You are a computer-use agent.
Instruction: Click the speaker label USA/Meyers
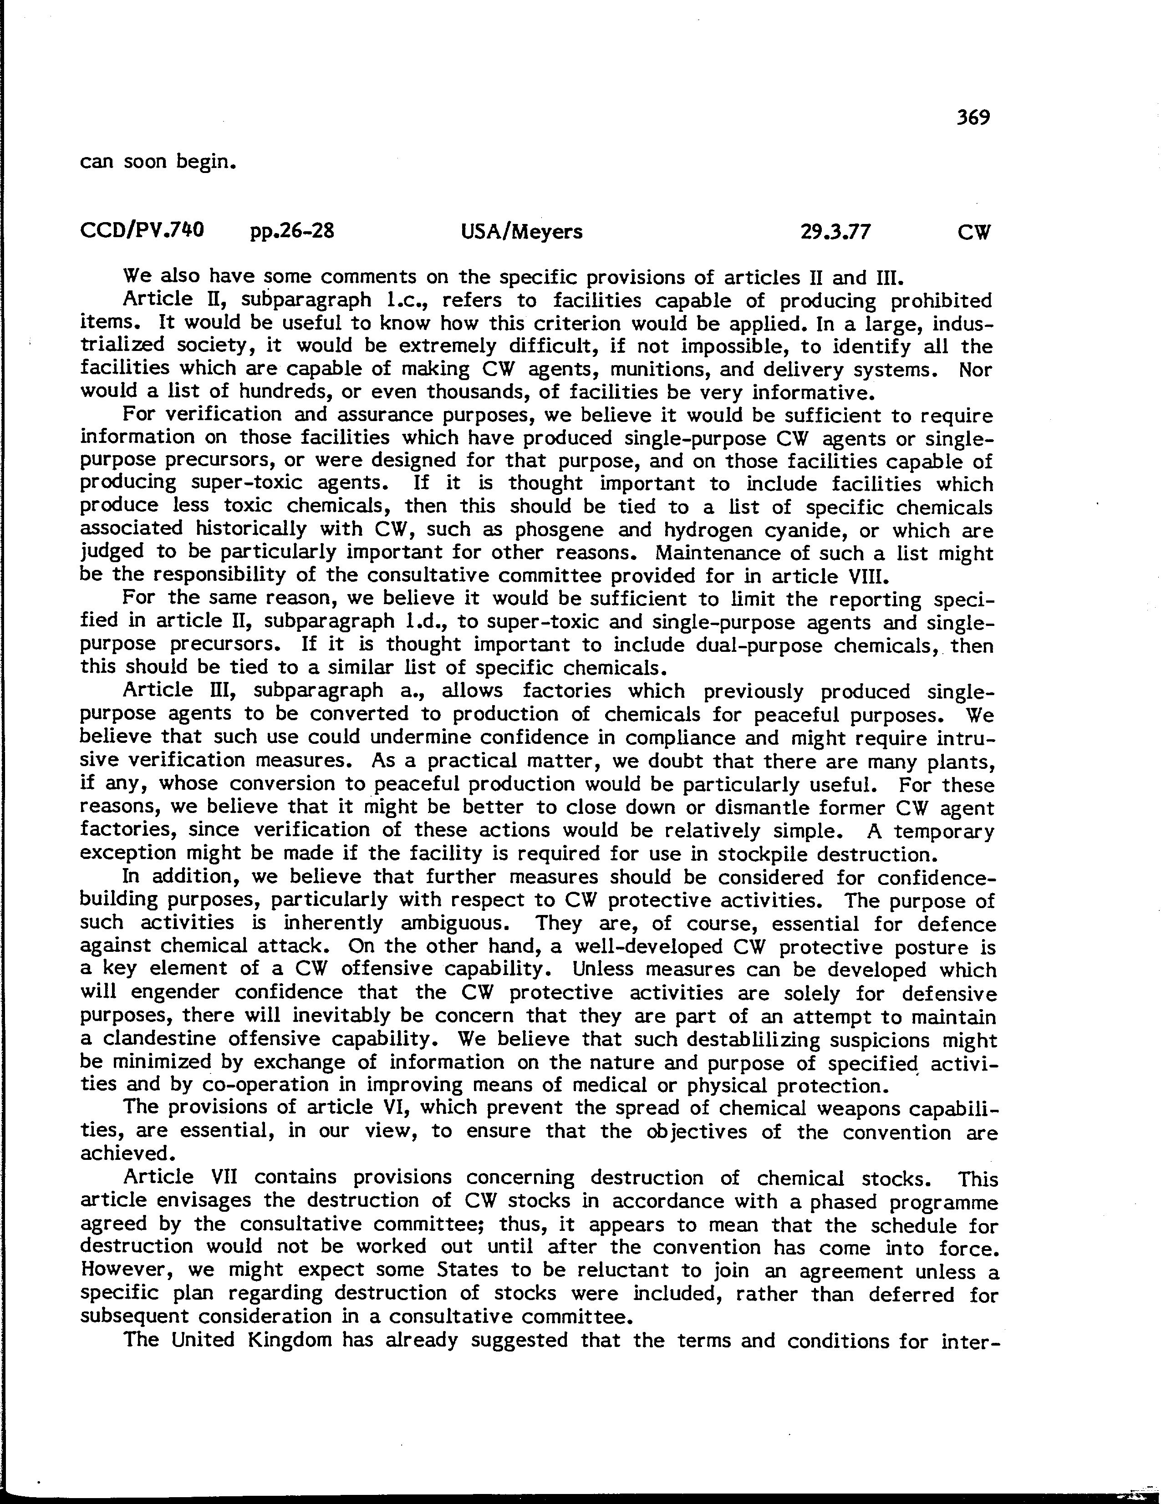coord(521,231)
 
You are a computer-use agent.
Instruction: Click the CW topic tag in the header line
coord(973,233)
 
